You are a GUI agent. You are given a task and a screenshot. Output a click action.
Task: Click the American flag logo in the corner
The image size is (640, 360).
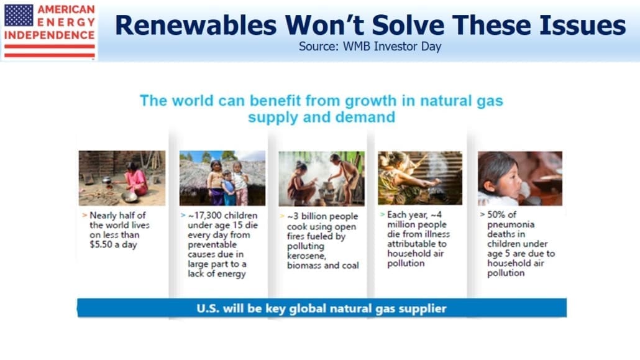(19, 15)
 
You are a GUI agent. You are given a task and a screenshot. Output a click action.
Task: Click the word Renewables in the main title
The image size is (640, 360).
(196, 25)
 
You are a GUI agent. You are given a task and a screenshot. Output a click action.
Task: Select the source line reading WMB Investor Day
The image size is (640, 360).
(370, 47)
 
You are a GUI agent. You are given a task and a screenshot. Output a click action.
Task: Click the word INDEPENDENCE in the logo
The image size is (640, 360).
(49, 35)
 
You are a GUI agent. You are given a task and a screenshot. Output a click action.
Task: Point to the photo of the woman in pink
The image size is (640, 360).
(122, 178)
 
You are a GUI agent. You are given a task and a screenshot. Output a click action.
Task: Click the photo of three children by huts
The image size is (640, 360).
(222, 178)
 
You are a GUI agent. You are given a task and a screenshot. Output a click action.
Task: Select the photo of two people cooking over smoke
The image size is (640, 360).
(322, 178)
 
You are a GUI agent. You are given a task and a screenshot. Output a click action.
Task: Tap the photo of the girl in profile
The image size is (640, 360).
(520, 178)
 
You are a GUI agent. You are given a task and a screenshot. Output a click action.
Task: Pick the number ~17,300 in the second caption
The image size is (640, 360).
(203, 215)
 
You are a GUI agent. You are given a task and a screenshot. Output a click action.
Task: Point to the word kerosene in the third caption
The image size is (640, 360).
(306, 256)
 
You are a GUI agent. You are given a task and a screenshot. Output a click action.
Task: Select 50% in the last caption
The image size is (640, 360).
(496, 215)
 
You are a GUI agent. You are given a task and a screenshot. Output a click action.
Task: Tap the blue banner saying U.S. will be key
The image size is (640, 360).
(322, 308)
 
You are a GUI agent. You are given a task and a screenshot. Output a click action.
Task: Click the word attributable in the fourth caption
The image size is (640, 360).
(417, 244)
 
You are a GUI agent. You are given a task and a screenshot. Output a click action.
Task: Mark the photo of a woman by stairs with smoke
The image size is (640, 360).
(420, 178)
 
